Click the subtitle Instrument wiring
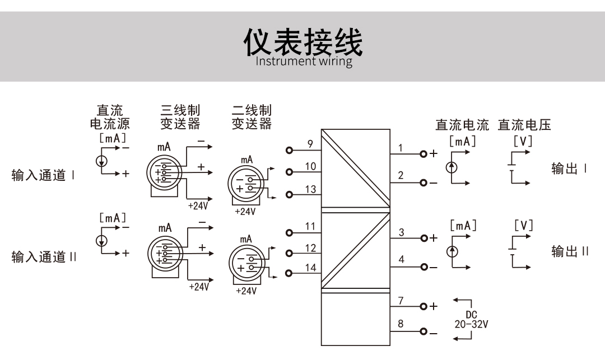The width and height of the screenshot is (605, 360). (304, 61)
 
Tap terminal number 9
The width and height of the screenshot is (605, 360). (310, 144)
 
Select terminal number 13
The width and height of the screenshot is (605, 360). (310, 189)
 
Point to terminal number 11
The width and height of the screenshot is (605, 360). (310, 226)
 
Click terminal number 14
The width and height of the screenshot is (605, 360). (310, 268)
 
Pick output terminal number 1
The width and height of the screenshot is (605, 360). (401, 148)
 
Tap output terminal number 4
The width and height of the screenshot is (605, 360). (401, 260)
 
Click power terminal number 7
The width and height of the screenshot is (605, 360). (401, 301)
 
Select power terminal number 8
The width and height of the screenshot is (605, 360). (401, 324)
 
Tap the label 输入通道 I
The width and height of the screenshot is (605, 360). (44, 176)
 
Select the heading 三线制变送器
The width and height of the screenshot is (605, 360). (180, 116)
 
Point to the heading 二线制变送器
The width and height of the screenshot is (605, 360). (252, 116)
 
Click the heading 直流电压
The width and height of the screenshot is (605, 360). (524, 125)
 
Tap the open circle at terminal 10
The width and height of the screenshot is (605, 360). (289, 172)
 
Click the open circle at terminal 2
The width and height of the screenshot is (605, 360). (424, 183)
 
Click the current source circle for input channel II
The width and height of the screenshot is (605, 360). (101, 240)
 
